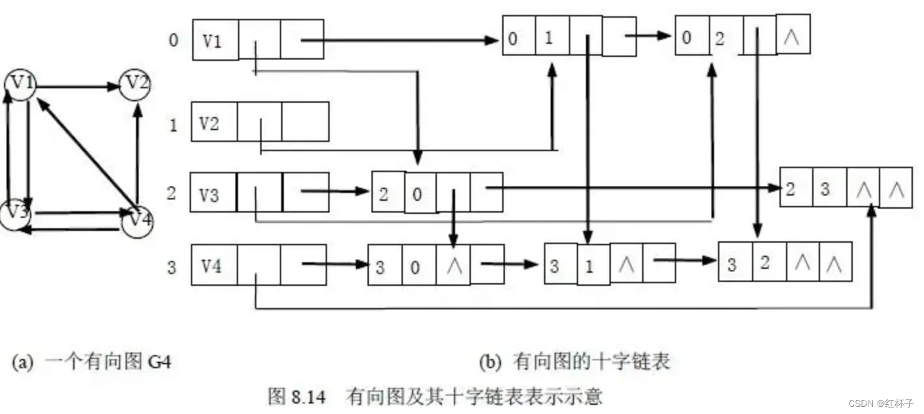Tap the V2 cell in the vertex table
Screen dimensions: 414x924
[x=214, y=122]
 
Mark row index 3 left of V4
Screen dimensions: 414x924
[x=172, y=267]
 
